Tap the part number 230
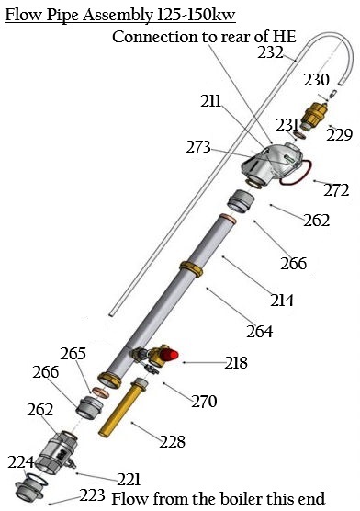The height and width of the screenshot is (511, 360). click(x=315, y=79)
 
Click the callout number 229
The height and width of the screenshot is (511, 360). click(x=340, y=134)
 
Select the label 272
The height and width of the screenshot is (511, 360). click(x=337, y=190)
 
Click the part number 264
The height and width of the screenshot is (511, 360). click(x=260, y=330)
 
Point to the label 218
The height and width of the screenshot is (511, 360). click(x=235, y=363)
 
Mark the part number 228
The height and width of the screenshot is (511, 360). click(x=172, y=442)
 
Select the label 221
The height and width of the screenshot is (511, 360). click(x=129, y=478)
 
